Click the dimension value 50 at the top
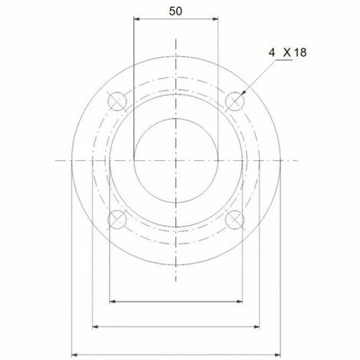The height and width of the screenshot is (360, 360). [x=175, y=11]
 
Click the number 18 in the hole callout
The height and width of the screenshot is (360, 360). [x=300, y=52]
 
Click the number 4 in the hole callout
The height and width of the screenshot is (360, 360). [x=272, y=53]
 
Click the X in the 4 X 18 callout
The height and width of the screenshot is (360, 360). [x=287, y=53]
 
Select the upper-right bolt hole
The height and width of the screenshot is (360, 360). [x=235, y=101]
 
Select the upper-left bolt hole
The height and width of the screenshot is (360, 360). [x=117, y=101]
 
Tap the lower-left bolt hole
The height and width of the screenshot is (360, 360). [x=117, y=219]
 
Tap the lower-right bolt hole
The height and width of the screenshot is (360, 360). [x=235, y=219]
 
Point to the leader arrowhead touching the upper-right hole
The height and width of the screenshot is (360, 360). [x=244, y=93]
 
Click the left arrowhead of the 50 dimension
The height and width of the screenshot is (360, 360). [x=137, y=19]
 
